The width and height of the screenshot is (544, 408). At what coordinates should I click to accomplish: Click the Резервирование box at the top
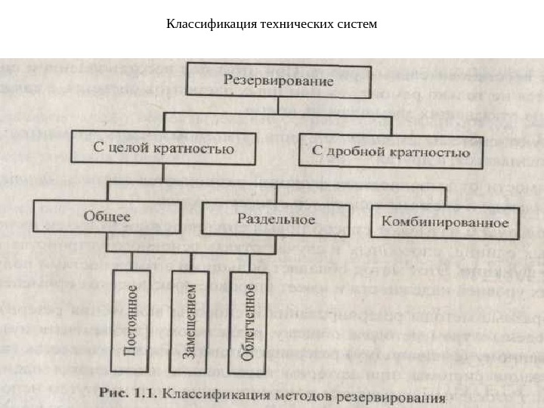pos(279,81)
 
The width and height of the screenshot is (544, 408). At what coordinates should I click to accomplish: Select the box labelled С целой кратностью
pos(163,148)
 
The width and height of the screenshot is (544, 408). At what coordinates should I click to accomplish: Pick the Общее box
pos(107,217)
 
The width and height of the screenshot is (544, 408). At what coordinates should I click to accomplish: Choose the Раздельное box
pos(276,219)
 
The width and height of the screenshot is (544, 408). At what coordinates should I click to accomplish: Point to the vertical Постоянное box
pos(131,320)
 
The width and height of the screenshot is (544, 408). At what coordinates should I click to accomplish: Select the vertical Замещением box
pos(191,320)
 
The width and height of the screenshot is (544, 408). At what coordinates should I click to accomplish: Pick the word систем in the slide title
pos(357,24)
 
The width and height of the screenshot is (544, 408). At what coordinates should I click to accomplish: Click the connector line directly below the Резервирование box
pos(279,106)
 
